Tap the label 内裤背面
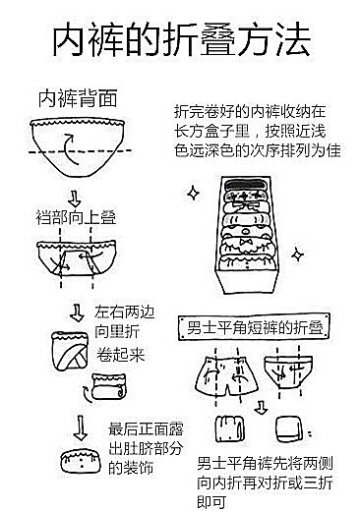pos(78,99)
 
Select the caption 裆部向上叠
pos(76,217)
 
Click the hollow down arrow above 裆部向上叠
pos(75,199)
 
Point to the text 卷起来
pos(120,355)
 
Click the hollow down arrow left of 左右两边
pos(77,313)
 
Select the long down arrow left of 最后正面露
pos(81,427)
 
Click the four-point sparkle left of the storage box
pos(193,193)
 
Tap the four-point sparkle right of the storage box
pos(297,255)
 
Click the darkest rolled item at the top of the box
pos(247,186)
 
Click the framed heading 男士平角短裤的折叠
pos(254,327)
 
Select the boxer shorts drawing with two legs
pos(226,376)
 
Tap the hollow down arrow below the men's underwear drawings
pos(261,407)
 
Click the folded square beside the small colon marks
pos(288,429)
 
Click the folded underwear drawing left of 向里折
pos(70,351)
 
